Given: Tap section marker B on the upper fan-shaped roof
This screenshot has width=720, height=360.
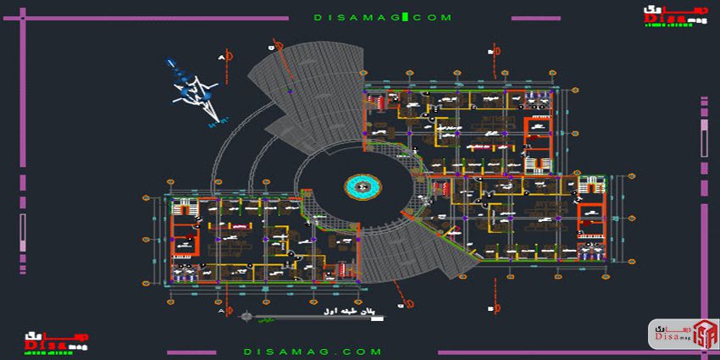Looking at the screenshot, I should click(274, 45).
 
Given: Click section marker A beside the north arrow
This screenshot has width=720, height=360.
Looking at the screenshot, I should click(223, 57).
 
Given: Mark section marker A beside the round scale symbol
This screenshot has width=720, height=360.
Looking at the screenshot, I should click(223, 312).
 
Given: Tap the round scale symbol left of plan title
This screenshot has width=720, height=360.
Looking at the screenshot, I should click(246, 318).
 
